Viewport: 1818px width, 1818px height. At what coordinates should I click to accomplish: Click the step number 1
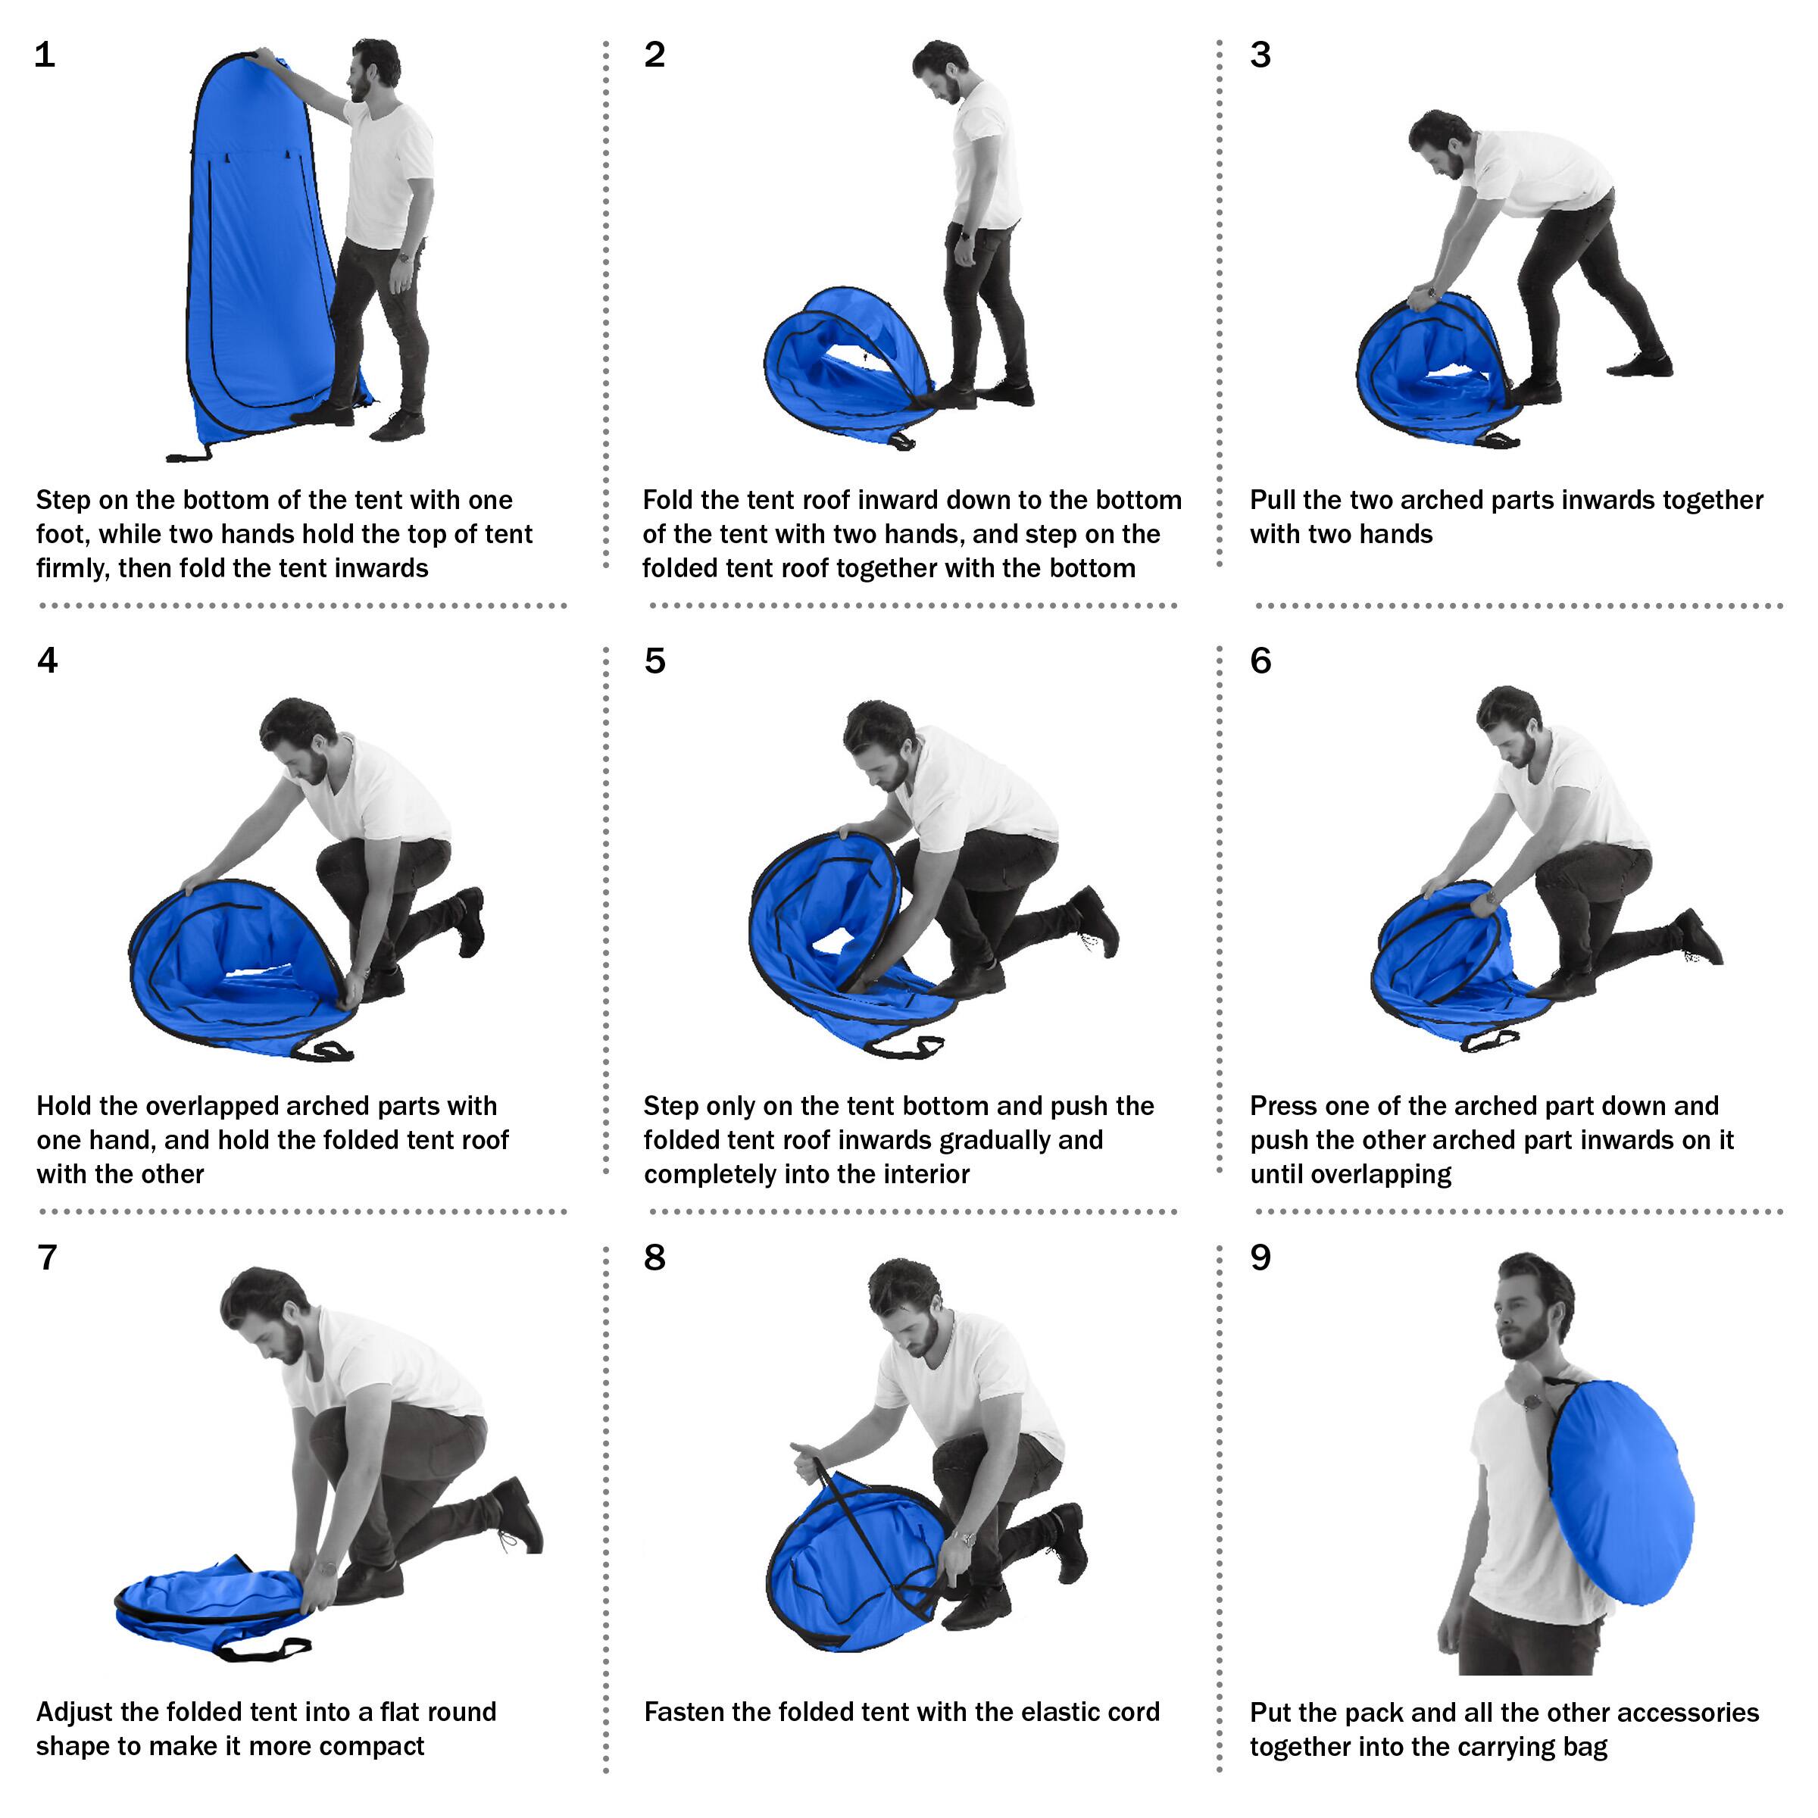point(44,55)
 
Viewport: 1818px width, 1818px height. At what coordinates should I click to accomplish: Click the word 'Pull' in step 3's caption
point(1273,500)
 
